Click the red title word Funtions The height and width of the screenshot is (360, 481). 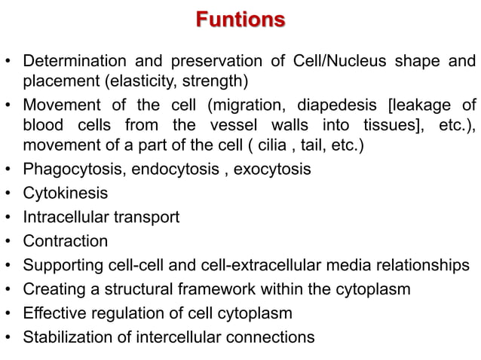point(240,19)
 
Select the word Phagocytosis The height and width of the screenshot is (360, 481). point(73,169)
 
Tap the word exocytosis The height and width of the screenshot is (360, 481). point(272,169)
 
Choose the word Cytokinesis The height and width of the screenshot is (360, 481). point(65,194)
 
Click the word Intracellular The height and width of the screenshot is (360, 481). point(68,218)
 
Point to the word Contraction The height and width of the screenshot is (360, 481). point(65,242)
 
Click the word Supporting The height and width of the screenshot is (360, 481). point(62,266)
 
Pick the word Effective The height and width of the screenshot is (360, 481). point(54,313)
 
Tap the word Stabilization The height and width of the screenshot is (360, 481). point(68,337)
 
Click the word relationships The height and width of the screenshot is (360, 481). point(425,266)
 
